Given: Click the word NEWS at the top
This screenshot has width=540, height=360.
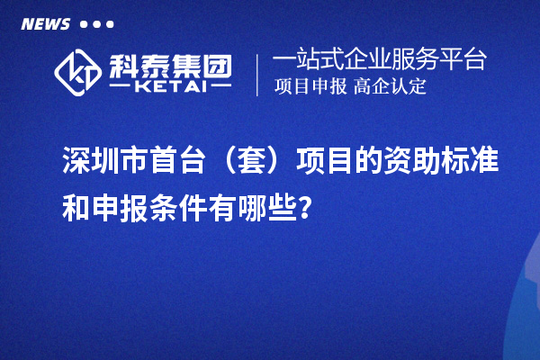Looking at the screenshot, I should pos(45,24).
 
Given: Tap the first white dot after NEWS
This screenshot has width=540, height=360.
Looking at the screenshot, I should pos(84,24).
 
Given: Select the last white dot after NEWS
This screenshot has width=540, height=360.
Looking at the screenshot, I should pos(110,24).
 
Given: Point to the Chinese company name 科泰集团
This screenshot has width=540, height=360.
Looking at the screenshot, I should pos(170,63).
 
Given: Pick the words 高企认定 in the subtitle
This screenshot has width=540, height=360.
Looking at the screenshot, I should pos(389,87).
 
